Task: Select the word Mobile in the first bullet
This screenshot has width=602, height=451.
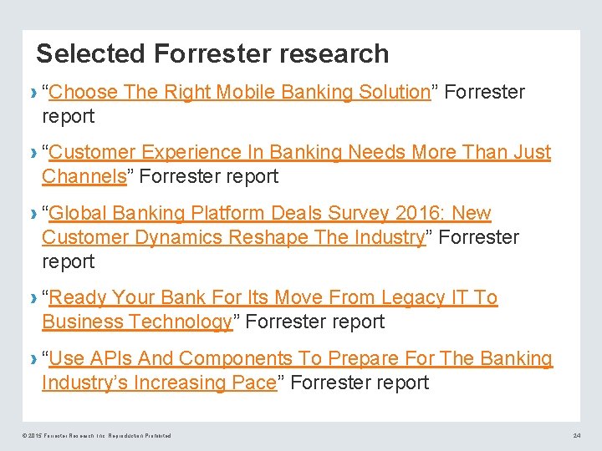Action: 246,92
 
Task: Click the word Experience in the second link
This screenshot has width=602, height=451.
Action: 191,152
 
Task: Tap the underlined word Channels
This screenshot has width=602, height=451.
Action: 84,176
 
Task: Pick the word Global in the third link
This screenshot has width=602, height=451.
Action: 79,213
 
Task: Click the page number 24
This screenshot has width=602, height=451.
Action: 576,436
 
